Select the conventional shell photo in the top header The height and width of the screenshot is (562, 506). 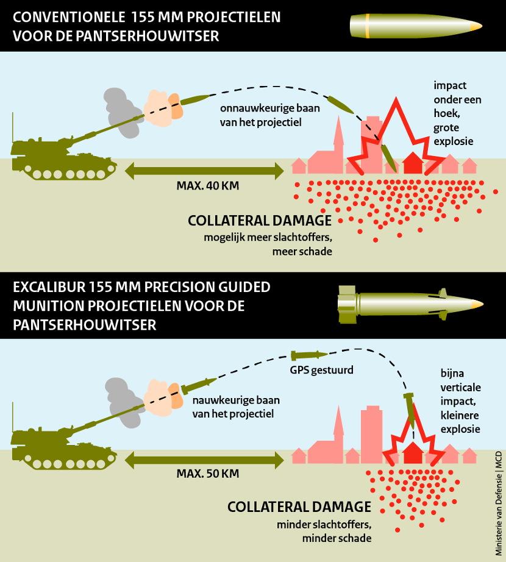click(x=415, y=26)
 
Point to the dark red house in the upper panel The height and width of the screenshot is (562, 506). click(x=413, y=163)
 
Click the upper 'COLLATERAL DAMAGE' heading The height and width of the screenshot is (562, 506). click(x=259, y=221)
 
